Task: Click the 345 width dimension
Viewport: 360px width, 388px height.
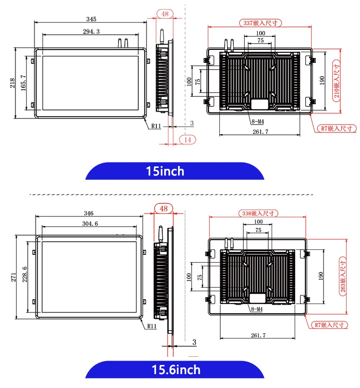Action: click(91, 19)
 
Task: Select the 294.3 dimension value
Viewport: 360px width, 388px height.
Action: click(91, 32)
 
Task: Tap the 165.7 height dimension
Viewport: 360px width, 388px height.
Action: click(23, 82)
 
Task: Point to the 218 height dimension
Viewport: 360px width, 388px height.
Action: click(12, 83)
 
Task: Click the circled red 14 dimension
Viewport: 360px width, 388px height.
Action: click(187, 140)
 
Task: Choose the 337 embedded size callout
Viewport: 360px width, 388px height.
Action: click(260, 23)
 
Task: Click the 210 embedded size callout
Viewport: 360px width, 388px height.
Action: click(336, 81)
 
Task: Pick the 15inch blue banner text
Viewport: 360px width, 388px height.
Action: click(165, 171)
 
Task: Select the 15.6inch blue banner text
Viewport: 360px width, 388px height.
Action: click(176, 370)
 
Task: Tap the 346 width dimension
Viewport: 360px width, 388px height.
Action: click(89, 213)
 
